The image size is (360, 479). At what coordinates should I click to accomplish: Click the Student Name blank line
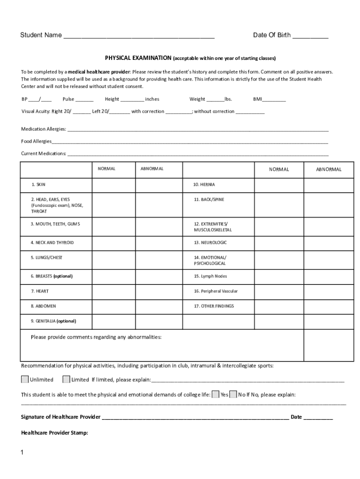click(x=139, y=36)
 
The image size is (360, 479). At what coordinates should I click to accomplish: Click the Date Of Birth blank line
click(x=310, y=36)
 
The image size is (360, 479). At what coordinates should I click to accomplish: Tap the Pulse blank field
click(x=84, y=100)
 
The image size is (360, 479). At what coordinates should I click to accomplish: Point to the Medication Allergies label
click(x=43, y=129)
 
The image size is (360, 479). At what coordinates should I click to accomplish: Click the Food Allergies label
click(x=36, y=141)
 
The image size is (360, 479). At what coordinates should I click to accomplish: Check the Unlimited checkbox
click(x=25, y=379)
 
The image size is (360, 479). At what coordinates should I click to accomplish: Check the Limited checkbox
click(x=66, y=379)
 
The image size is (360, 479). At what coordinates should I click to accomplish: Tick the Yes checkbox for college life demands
click(x=216, y=394)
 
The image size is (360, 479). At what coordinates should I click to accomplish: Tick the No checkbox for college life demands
click(x=234, y=394)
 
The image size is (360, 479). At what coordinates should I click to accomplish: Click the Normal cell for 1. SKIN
click(x=113, y=185)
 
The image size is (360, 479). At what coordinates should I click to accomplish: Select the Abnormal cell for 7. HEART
click(x=158, y=291)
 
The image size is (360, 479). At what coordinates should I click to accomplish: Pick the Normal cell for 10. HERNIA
click(x=279, y=185)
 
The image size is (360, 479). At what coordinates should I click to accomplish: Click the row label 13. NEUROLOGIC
click(x=210, y=243)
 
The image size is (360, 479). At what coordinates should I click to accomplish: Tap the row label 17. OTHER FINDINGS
click(x=214, y=306)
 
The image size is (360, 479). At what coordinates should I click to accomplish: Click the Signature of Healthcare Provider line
click(x=195, y=418)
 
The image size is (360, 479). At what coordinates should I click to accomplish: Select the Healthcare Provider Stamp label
click(x=55, y=433)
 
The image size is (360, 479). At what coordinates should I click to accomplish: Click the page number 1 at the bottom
click(x=22, y=453)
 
